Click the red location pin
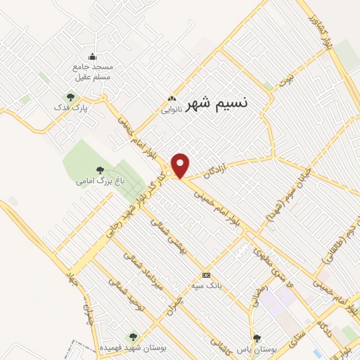point(181,165)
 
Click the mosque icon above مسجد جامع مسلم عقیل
point(92,57)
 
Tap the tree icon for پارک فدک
point(70,97)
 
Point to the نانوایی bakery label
point(172,110)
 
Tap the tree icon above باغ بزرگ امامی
point(100,169)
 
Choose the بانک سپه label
point(206,285)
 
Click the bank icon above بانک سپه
point(206,275)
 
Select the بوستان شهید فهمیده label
point(133,348)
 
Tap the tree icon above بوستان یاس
point(257,337)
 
